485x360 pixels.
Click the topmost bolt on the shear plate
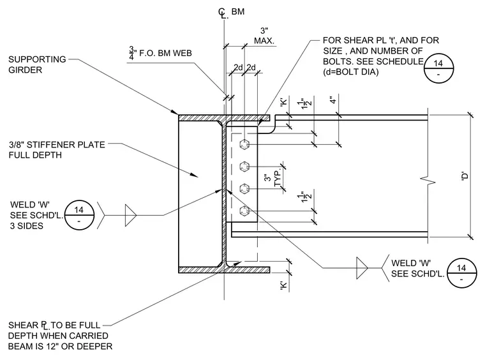click(x=244, y=144)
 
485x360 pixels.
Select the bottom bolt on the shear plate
click(x=244, y=211)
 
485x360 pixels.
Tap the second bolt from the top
click(x=244, y=167)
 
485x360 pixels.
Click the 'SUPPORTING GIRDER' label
click(x=37, y=64)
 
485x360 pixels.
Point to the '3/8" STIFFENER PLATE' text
click(x=57, y=144)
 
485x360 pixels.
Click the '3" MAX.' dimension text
click(x=264, y=36)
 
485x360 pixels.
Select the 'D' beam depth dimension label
click(x=465, y=176)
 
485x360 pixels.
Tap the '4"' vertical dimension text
click(x=333, y=100)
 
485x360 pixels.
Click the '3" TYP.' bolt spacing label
click(x=273, y=178)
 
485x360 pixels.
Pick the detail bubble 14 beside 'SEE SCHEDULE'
click(x=438, y=68)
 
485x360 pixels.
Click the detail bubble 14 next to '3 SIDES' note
click(x=79, y=215)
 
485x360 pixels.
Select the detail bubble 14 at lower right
click(x=461, y=273)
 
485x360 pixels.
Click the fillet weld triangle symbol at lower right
click(x=361, y=268)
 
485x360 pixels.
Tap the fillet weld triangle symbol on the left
click(x=130, y=215)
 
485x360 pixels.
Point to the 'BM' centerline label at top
click(x=238, y=11)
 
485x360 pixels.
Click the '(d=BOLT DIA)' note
click(x=351, y=72)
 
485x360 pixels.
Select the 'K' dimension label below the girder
click(x=284, y=285)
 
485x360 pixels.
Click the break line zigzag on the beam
click(x=428, y=179)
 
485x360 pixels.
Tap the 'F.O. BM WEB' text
click(x=165, y=53)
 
